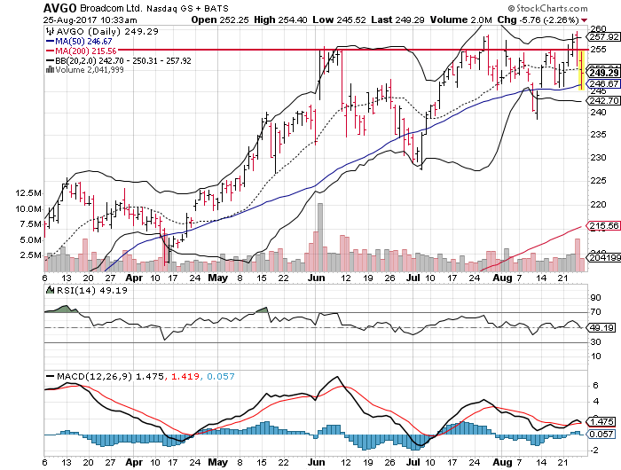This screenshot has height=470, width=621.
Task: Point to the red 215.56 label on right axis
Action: coord(604,226)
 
